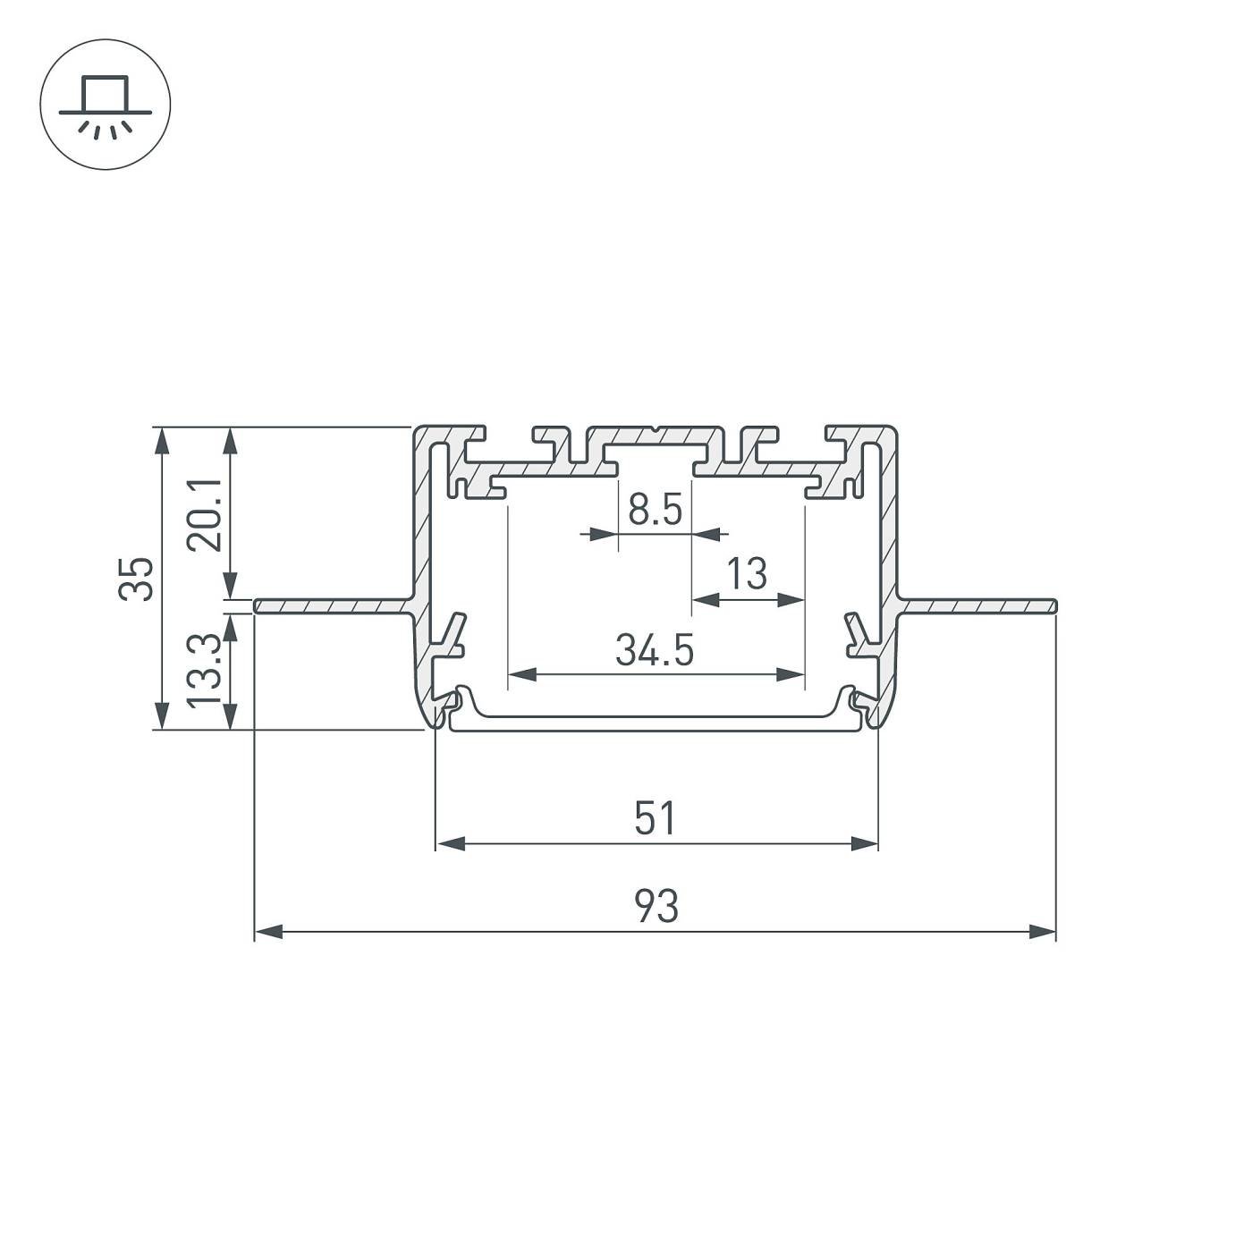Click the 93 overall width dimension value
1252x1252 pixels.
pyautogui.click(x=656, y=906)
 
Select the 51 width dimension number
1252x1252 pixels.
pyautogui.click(x=656, y=818)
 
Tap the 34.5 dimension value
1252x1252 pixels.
pyautogui.click(x=655, y=650)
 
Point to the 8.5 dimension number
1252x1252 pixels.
pyautogui.click(x=655, y=511)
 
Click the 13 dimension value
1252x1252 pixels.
pyautogui.click(x=747, y=574)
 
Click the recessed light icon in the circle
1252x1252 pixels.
pyautogui.click(x=106, y=105)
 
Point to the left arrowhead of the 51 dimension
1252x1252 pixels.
pyautogui.click(x=450, y=843)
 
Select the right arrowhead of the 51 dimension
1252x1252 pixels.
pyautogui.click(x=864, y=843)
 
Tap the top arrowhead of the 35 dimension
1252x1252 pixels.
pyautogui.click(x=161, y=441)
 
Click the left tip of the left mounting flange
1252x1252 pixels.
pyautogui.click(x=258, y=606)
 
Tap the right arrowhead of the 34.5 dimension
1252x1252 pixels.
pyautogui.click(x=791, y=674)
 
